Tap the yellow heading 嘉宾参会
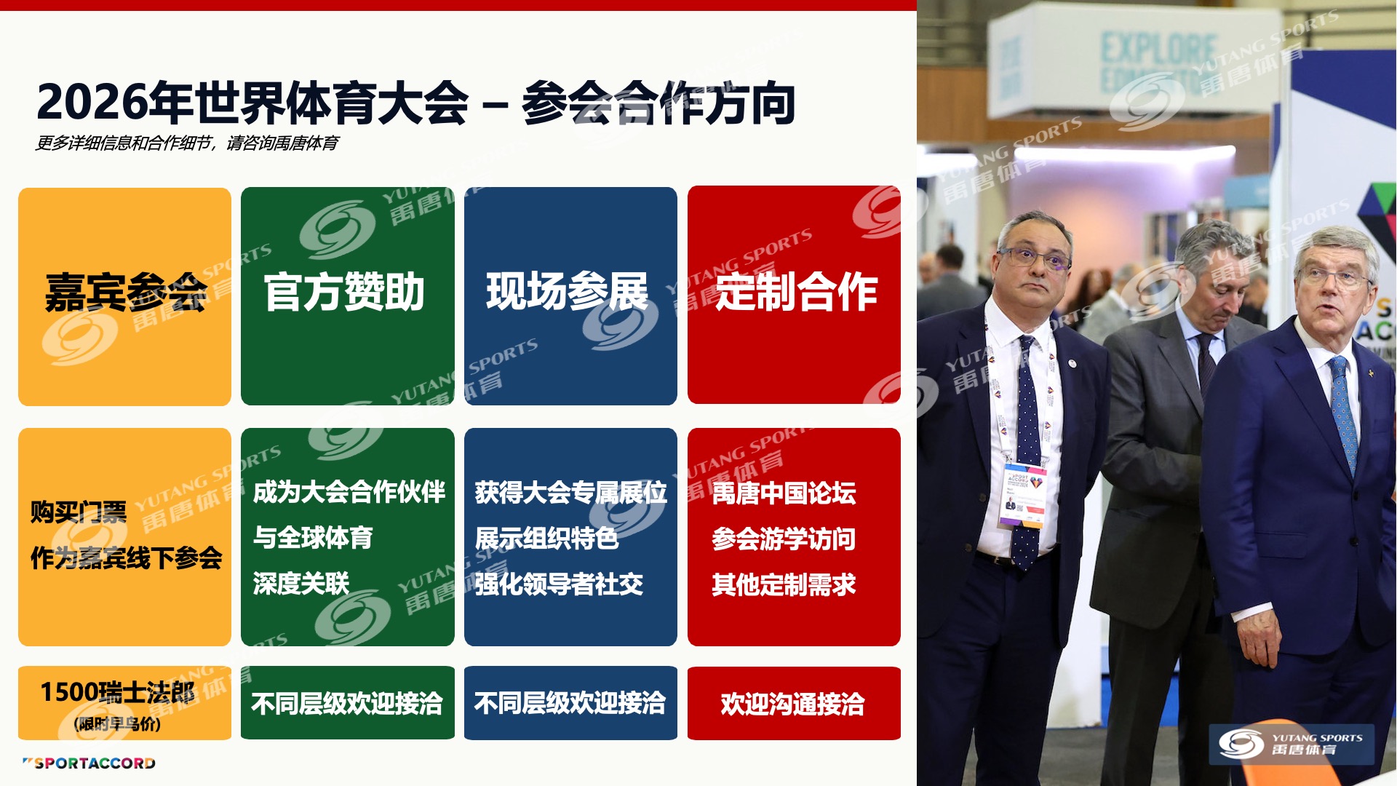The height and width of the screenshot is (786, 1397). [126, 293]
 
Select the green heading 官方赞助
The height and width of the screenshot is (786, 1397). [344, 292]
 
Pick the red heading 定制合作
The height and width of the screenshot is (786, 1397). [797, 292]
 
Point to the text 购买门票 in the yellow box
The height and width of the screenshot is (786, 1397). [79, 512]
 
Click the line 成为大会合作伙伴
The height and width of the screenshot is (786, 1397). [349, 492]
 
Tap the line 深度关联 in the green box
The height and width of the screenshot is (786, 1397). [301, 584]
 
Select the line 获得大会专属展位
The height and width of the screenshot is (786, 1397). [571, 493]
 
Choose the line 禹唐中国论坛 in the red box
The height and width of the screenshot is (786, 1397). [784, 493]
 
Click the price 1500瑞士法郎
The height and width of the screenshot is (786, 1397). [118, 692]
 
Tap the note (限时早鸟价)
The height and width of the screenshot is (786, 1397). [117, 724]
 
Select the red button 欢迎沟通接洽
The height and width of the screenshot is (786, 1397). [794, 703]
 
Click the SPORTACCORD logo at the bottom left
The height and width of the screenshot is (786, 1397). [89, 763]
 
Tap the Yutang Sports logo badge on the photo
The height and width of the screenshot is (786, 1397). [1291, 744]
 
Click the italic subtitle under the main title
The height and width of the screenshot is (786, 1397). [188, 143]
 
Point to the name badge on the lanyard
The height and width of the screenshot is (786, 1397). [1023, 494]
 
